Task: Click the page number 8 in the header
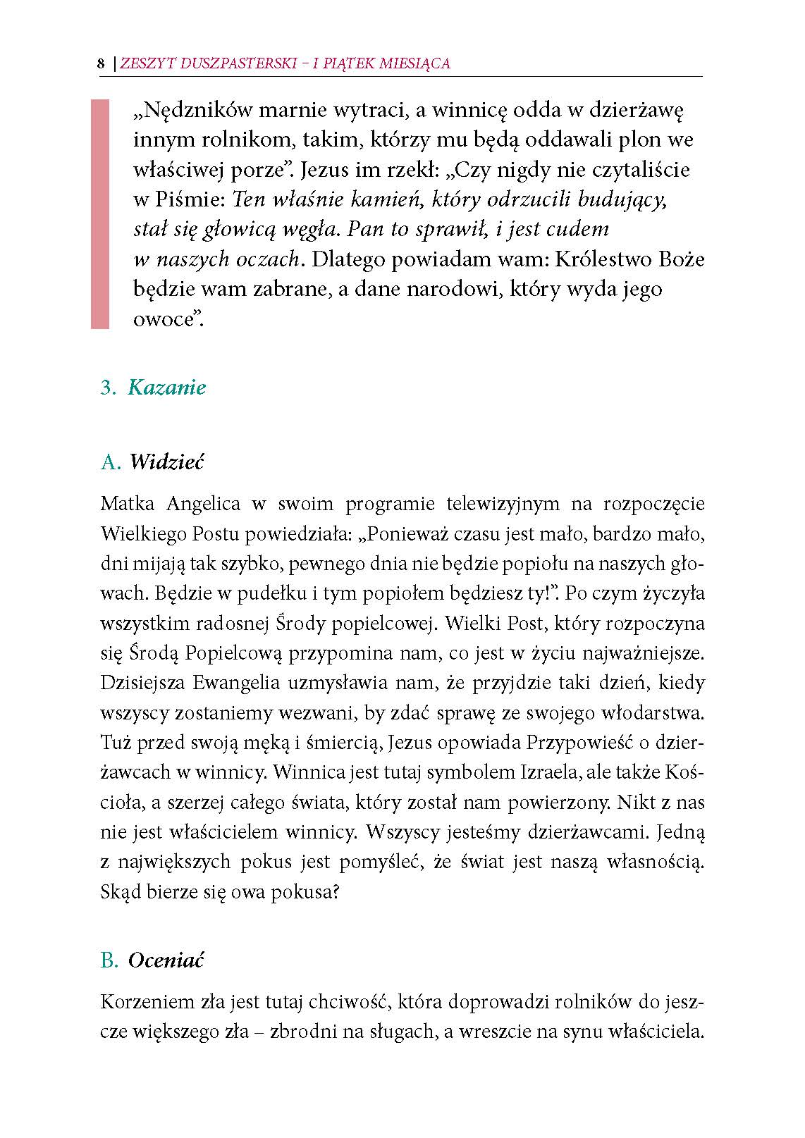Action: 101,63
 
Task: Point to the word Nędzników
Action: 190,111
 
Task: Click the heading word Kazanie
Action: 167,388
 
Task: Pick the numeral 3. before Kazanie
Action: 108,388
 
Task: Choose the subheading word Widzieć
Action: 166,462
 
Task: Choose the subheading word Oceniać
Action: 166,960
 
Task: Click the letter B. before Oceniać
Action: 109,960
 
